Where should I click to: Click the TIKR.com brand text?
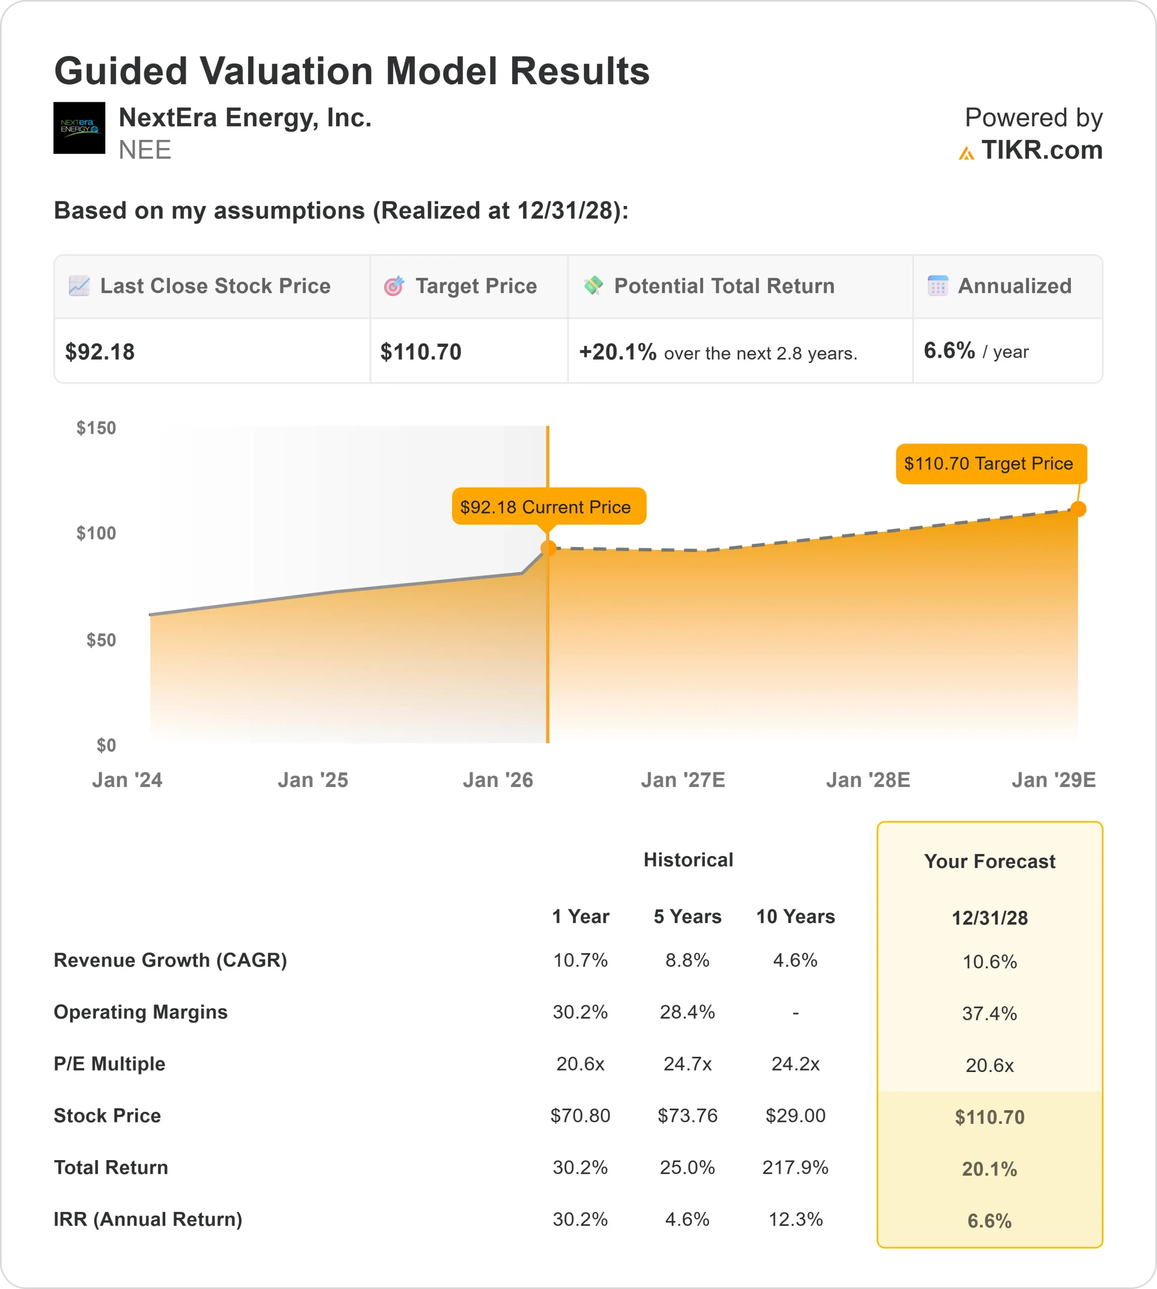click(x=1041, y=151)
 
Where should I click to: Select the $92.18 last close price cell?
click(x=100, y=352)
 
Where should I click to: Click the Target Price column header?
click(x=476, y=286)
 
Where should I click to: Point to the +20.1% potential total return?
click(x=617, y=352)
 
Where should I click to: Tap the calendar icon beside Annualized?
click(x=937, y=286)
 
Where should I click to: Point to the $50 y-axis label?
click(x=101, y=640)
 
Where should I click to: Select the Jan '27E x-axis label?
click(x=683, y=779)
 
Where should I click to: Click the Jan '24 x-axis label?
click(x=127, y=779)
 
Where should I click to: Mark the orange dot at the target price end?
click(x=1078, y=509)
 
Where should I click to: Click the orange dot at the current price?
click(x=548, y=548)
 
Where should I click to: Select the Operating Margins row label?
click(x=141, y=1012)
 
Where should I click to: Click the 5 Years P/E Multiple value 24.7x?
click(x=687, y=1063)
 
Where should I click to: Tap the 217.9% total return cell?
click(x=795, y=1167)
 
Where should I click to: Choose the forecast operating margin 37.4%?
click(x=989, y=1013)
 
